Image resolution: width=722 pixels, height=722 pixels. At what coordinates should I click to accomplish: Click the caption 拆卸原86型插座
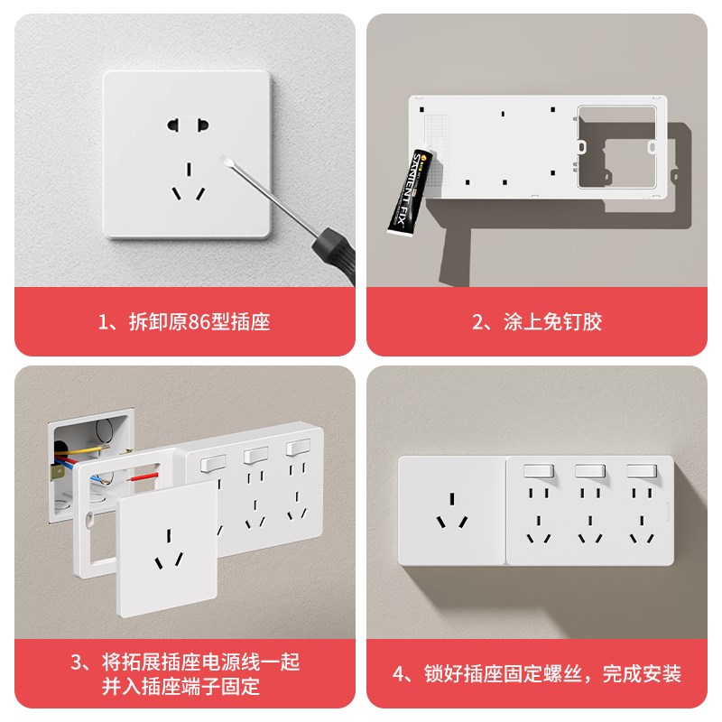coord(184,321)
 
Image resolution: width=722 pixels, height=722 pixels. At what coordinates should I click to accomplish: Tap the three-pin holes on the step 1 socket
coord(188,181)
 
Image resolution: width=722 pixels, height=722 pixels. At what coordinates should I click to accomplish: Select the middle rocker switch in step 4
coord(589,472)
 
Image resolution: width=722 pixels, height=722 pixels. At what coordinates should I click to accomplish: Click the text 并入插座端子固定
coord(184,687)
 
